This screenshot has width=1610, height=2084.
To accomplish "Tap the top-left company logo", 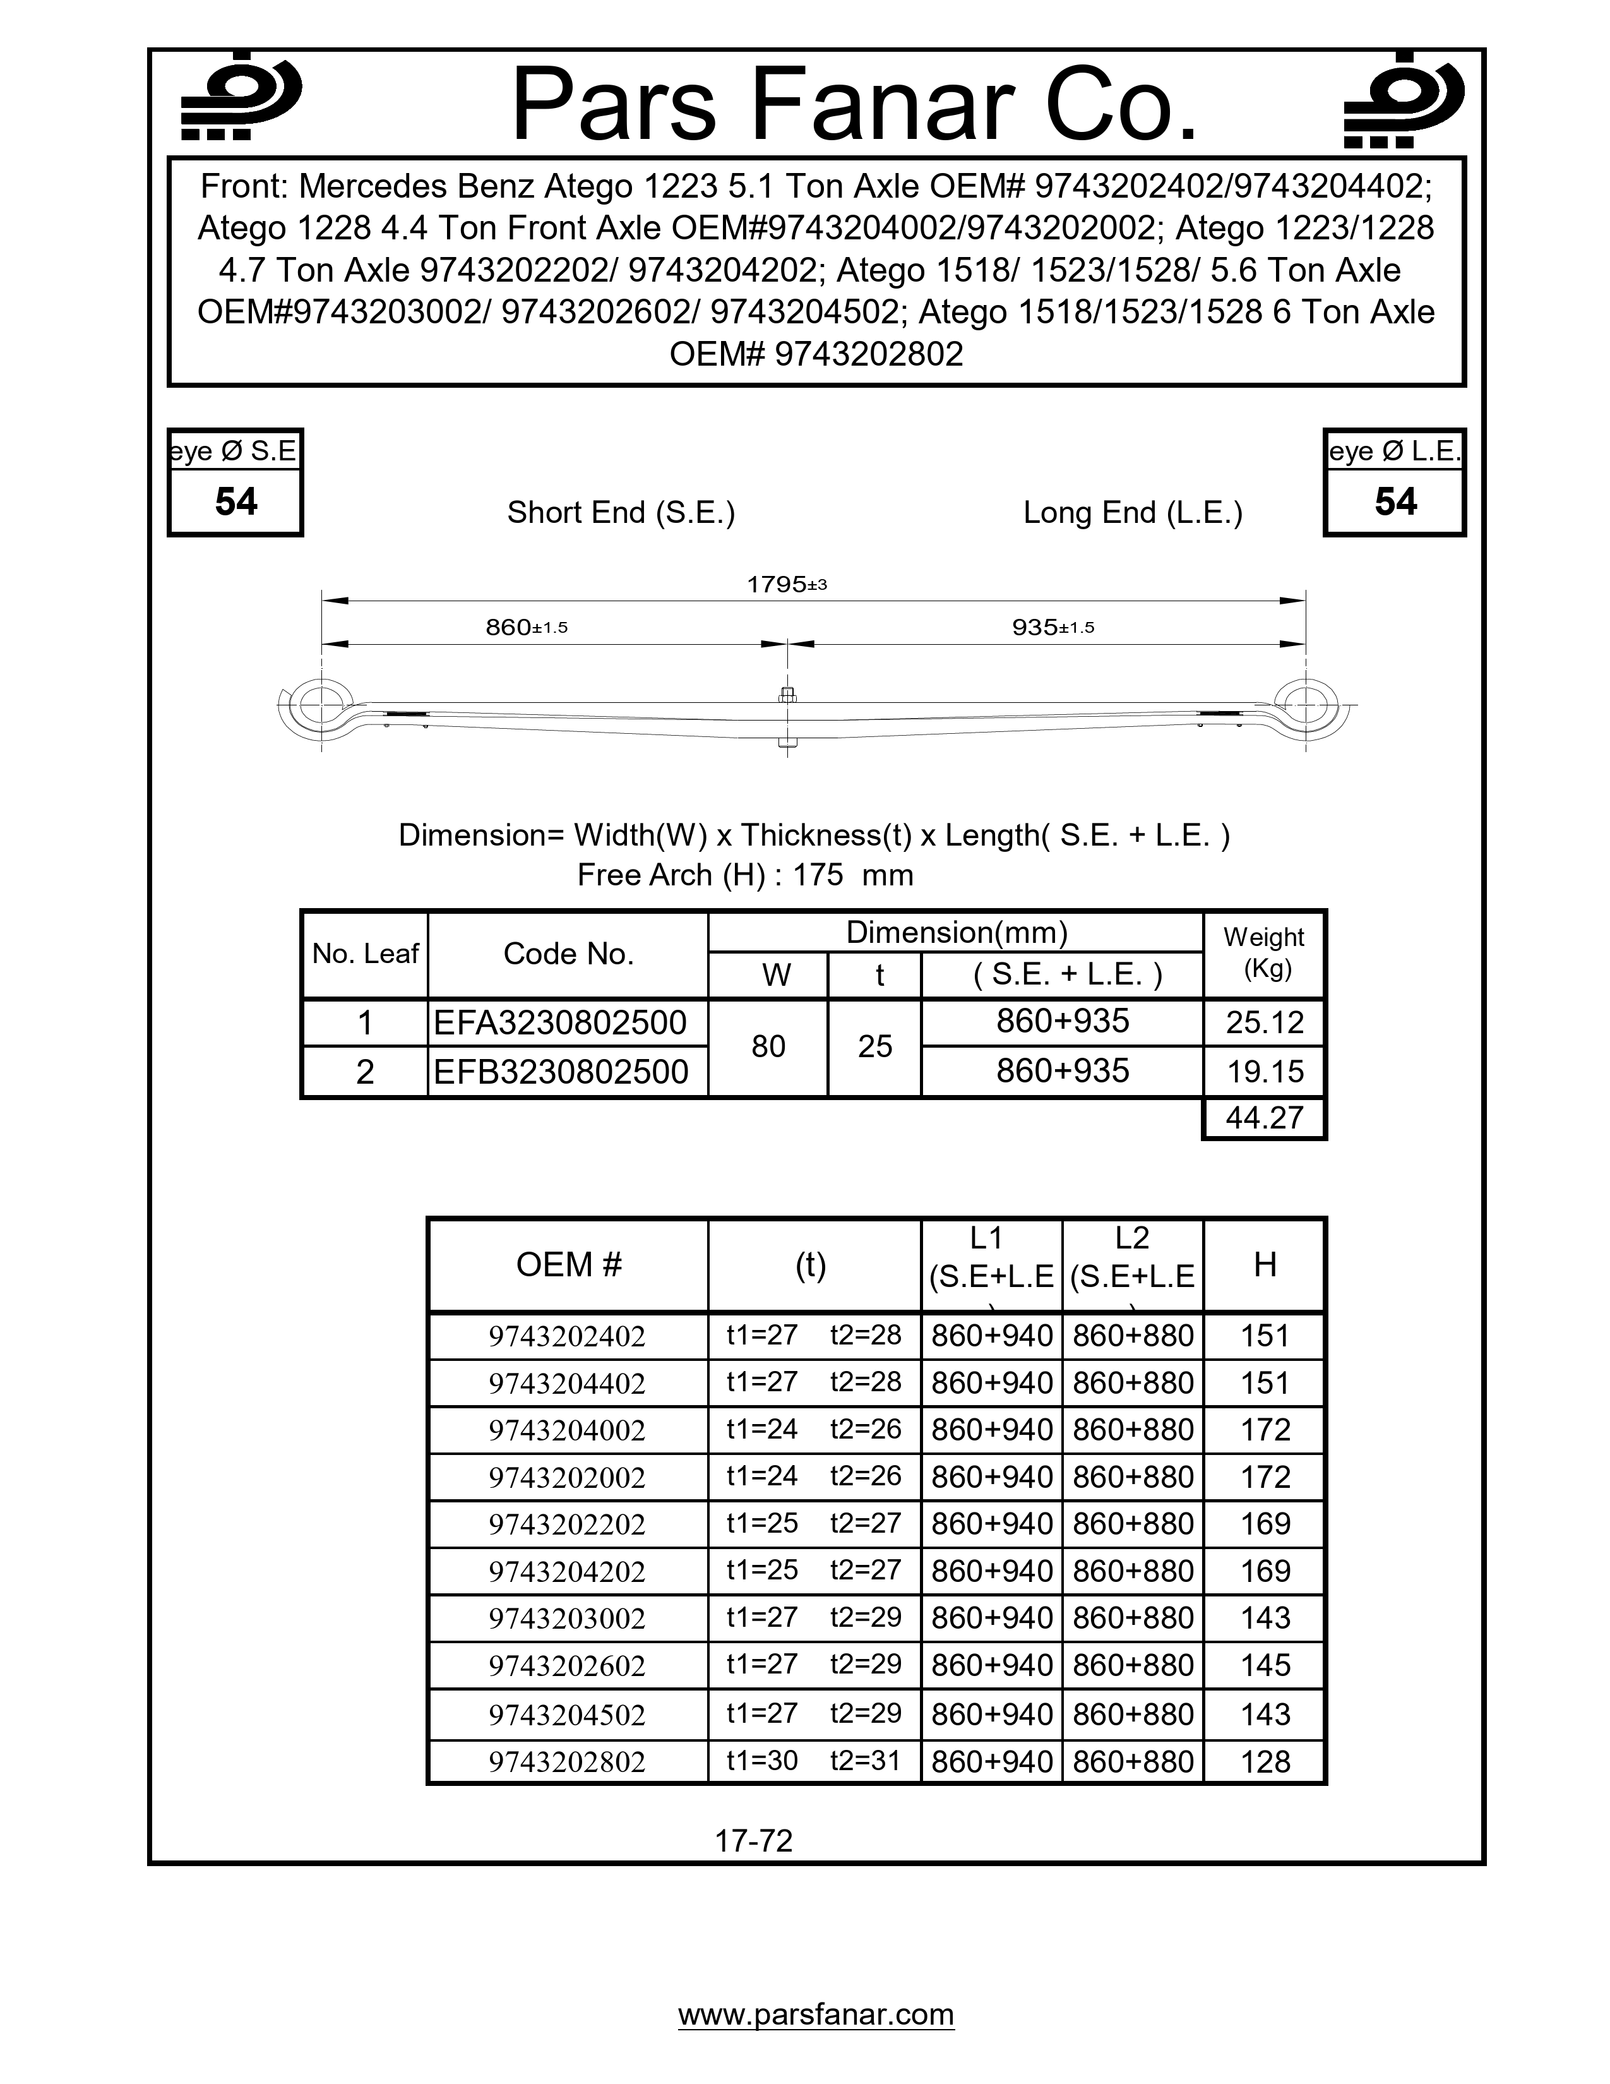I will (241, 99).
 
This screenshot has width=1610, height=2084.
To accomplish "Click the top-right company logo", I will (1403, 99).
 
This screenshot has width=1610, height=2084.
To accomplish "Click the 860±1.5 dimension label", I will (527, 627).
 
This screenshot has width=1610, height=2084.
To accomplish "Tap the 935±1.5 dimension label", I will (1053, 627).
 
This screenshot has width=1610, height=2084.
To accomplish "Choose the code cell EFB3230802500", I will (561, 1072).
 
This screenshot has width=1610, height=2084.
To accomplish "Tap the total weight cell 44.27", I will (1264, 1117).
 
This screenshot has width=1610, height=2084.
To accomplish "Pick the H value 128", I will (1265, 1761).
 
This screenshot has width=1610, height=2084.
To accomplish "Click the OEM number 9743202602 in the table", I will (568, 1666).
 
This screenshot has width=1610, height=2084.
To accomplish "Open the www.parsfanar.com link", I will (816, 2015).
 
